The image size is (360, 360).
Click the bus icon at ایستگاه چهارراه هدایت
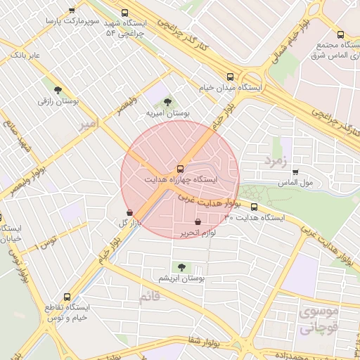tap(180, 169)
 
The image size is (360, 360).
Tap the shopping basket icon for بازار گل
tap(129, 212)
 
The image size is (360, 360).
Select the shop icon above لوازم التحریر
tap(197, 222)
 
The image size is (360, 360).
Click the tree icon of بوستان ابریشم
tap(181, 267)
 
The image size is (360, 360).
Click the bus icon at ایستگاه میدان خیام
tap(230, 77)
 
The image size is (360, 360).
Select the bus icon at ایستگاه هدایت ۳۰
tap(255, 207)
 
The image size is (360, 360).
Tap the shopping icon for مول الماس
tap(295, 172)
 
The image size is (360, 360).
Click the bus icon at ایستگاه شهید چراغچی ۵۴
tap(125, 13)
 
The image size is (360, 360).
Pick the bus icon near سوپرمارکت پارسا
tap(72, 11)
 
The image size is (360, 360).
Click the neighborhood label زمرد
tap(277, 161)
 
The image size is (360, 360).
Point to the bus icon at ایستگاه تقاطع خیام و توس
tap(67, 297)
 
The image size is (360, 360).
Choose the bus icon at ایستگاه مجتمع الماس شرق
tap(340, 34)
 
